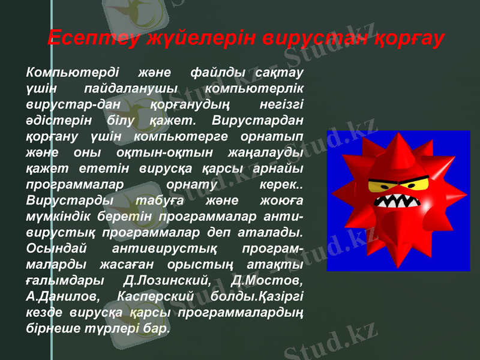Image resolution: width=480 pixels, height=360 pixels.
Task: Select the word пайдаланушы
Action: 136,89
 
